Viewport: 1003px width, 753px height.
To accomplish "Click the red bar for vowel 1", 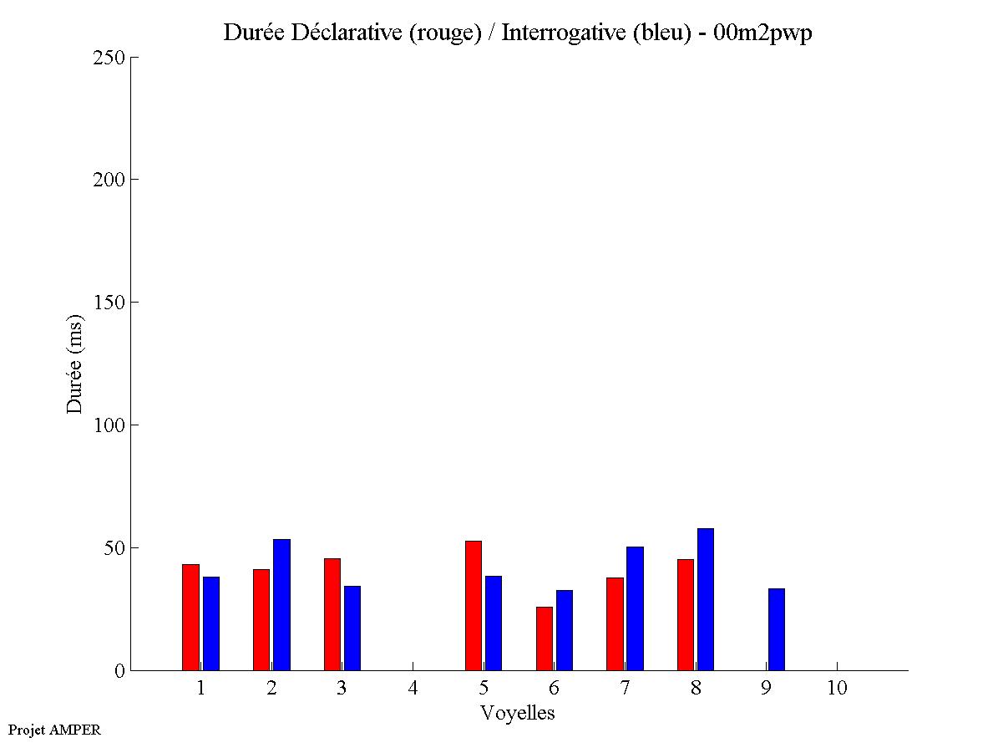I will (x=190, y=618).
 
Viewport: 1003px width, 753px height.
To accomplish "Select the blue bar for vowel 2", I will (x=281, y=605).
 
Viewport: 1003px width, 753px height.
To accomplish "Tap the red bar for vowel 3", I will (x=332, y=614).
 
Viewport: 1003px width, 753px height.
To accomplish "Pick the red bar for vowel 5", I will (x=474, y=606).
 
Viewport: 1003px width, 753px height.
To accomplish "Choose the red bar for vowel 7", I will (x=615, y=623).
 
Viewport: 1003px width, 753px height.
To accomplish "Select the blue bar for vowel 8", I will (x=706, y=599).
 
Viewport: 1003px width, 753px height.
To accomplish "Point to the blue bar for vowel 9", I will (x=777, y=629).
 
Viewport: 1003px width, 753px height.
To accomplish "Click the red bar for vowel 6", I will (x=545, y=639).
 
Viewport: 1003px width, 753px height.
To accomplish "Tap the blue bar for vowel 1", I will (x=210, y=623).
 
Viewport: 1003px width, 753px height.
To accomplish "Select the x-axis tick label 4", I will (x=413, y=688).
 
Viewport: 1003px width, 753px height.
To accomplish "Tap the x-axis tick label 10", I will (x=837, y=688).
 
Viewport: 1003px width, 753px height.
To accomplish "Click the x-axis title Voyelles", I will (x=518, y=713).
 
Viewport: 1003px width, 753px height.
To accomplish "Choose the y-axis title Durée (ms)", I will (x=75, y=364).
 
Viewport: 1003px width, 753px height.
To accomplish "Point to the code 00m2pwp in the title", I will (x=762, y=33).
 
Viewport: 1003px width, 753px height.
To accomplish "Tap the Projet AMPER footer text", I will (x=54, y=730).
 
